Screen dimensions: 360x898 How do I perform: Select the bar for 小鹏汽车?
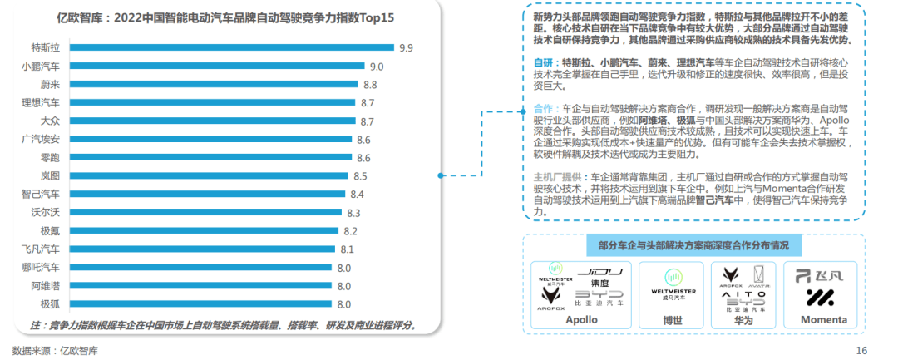(217, 66)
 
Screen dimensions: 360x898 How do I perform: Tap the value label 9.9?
(406, 47)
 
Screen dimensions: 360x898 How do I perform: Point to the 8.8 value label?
(370, 84)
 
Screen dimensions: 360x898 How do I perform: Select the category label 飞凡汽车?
(41, 249)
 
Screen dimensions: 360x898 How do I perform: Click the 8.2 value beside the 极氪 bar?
(350, 230)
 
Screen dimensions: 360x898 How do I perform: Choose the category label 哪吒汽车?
(41, 267)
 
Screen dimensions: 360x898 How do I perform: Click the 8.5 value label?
(361, 175)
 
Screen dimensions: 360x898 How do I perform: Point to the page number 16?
(861, 350)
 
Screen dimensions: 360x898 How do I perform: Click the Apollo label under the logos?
(581, 319)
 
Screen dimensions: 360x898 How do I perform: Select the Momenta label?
(823, 319)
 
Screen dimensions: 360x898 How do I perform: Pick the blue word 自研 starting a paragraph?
(544, 62)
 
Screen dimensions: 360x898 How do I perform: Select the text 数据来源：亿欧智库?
(55, 350)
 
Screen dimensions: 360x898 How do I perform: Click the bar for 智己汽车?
(206, 194)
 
